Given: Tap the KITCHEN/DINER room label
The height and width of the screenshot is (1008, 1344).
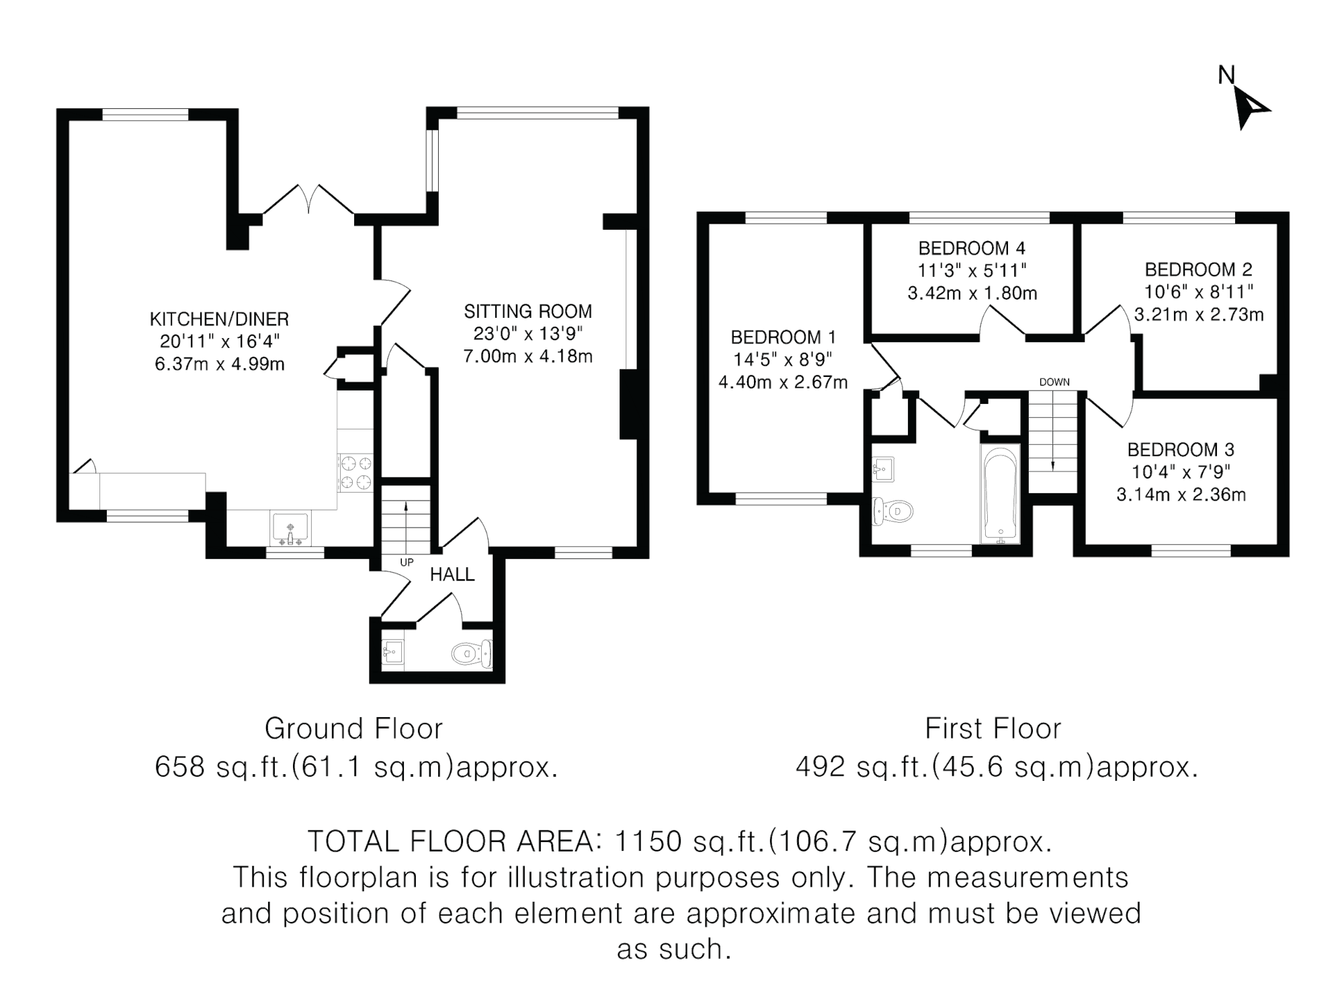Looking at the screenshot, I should tap(219, 319).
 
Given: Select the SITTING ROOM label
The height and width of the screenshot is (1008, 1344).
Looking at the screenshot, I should tap(528, 312).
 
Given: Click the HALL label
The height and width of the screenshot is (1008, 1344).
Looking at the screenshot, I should tap(452, 575).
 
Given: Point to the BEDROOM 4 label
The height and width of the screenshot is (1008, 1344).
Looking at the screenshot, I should tap(972, 249).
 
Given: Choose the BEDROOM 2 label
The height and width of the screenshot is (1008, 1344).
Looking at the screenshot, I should tap(1199, 270).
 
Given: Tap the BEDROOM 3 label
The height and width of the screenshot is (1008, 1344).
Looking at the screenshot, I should tap(1181, 450).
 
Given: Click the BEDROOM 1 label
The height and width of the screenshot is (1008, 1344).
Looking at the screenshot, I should tap(784, 337).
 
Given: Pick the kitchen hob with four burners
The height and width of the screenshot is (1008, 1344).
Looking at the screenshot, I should tap(356, 473).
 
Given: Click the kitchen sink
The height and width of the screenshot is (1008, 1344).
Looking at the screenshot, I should tap(290, 528).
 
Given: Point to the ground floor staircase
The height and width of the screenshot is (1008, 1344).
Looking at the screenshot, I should tap(406, 521).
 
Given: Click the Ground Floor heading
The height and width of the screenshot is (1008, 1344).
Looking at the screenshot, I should tap(353, 728).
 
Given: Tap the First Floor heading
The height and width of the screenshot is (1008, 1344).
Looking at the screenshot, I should tap(993, 728).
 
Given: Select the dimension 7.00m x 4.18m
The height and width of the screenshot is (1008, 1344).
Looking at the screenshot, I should tap(528, 356).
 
